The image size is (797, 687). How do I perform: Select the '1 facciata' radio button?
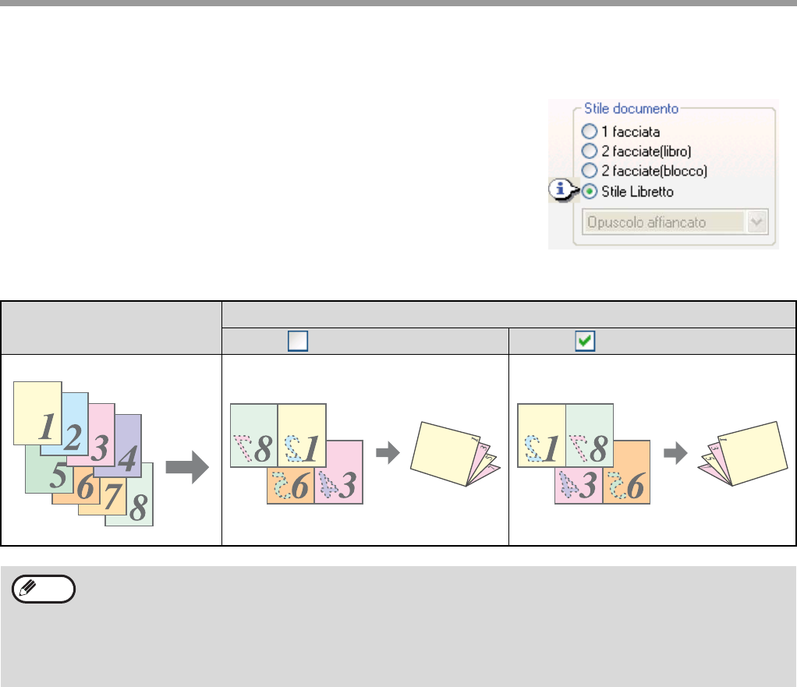(x=589, y=132)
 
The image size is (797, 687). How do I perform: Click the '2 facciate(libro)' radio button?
(x=589, y=151)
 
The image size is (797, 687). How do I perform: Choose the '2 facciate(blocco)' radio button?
(x=589, y=170)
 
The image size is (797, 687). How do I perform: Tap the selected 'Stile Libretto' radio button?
(x=589, y=192)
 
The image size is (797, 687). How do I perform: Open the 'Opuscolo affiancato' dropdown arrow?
(x=757, y=222)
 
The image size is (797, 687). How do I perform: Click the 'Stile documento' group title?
(x=631, y=108)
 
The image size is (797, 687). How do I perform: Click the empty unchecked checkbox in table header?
(x=298, y=341)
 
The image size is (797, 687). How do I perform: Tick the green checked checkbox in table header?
(x=585, y=341)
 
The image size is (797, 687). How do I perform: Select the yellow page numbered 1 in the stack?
(x=37, y=413)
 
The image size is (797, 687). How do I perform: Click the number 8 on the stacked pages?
(x=139, y=507)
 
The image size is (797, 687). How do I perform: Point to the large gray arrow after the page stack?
(x=187, y=466)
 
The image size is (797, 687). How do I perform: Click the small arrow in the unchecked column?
(x=388, y=452)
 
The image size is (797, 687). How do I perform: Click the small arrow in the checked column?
(x=675, y=452)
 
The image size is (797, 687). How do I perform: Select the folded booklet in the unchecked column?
(x=455, y=454)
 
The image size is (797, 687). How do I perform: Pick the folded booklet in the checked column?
(x=742, y=454)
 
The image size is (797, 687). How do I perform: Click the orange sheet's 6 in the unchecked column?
(x=300, y=486)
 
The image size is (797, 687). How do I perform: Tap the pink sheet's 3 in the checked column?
(x=587, y=486)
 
